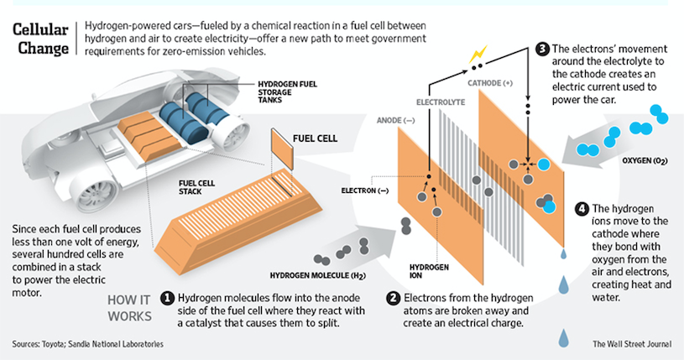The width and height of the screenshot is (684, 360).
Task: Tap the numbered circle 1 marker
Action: tap(168, 298)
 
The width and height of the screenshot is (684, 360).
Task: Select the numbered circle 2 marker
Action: tap(392, 298)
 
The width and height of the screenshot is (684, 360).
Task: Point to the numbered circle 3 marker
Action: tap(542, 48)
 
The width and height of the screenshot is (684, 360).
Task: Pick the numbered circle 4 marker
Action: tap(583, 207)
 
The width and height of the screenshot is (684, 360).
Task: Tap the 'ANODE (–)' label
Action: tap(396, 120)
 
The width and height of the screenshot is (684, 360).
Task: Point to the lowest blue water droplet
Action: tap(563, 338)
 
